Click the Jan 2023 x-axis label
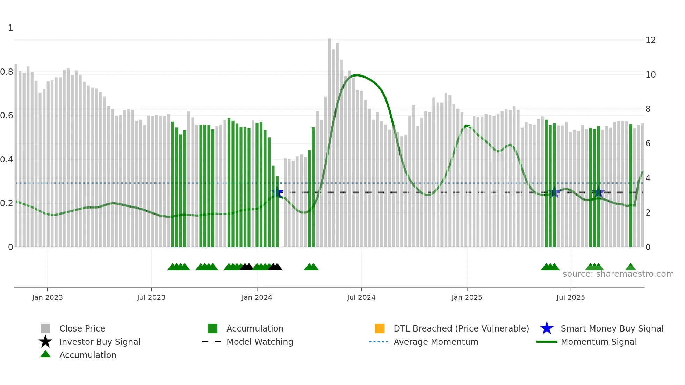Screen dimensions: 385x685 47,298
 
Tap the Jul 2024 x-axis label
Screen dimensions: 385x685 361,298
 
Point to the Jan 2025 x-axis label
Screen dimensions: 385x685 467,298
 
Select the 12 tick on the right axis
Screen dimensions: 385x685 650,40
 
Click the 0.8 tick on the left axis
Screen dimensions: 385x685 7,72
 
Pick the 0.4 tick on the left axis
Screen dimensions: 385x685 7,160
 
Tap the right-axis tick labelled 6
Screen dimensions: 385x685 648,144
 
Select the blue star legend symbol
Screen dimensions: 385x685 547,328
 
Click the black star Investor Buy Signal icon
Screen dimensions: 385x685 45,342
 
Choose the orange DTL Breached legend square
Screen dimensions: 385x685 380,328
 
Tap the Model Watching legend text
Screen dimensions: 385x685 260,342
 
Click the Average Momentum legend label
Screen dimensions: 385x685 436,342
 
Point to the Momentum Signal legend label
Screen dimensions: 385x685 599,342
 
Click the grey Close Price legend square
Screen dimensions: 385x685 45,328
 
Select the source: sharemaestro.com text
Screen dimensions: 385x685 618,274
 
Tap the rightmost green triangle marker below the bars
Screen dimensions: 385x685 630,267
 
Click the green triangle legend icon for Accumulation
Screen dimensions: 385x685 45,354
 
